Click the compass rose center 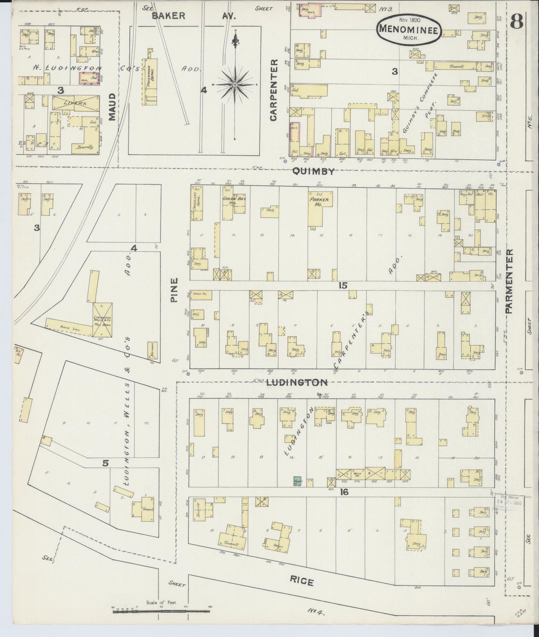(x=235, y=85)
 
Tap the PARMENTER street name (x=510, y=281)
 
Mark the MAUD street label (x=112, y=107)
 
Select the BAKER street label (x=168, y=15)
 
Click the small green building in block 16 (x=297, y=481)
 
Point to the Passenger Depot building (x=149, y=77)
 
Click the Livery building (x=76, y=102)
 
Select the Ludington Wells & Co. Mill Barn (x=102, y=320)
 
